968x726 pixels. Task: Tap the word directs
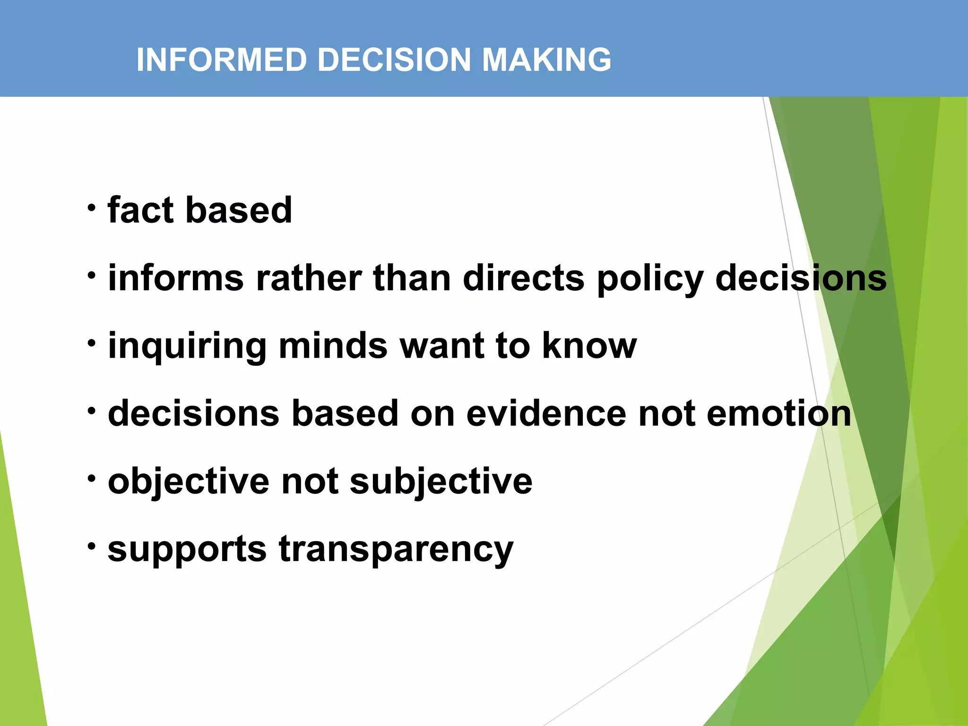pyautogui.click(x=524, y=278)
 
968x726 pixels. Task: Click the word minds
pyautogui.click(x=333, y=346)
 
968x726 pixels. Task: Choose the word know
pyautogui.click(x=589, y=346)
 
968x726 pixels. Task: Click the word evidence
pyautogui.click(x=546, y=414)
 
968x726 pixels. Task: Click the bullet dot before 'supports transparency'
pyautogui.click(x=92, y=546)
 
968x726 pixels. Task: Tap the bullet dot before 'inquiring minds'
pyautogui.click(x=92, y=343)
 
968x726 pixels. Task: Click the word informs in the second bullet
pyautogui.click(x=176, y=278)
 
